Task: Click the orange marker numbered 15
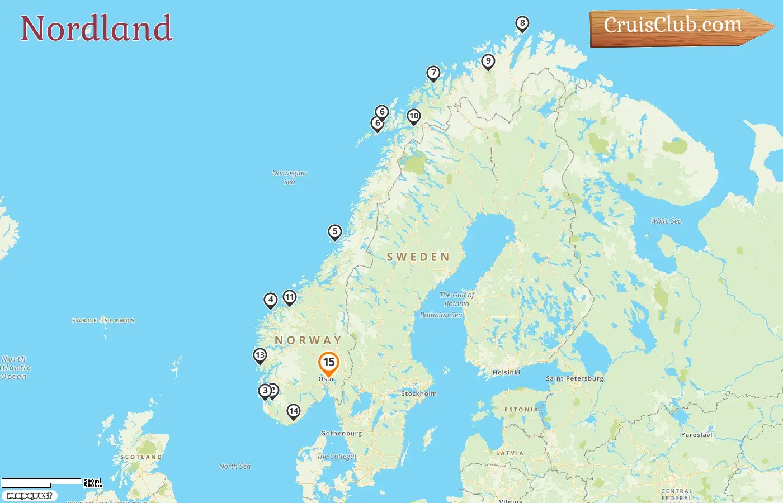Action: tap(329, 363)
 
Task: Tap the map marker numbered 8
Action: tap(522, 23)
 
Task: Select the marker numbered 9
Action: tap(488, 61)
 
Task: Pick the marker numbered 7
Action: tap(433, 73)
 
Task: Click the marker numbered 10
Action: tap(413, 116)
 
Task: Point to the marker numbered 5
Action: tap(334, 231)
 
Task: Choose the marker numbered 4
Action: tap(271, 300)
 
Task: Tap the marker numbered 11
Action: tap(289, 297)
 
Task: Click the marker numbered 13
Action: tap(260, 355)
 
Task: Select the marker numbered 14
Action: tap(294, 411)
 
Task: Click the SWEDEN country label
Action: tap(418, 257)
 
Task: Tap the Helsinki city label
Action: tap(506, 372)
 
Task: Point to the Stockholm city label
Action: tap(419, 393)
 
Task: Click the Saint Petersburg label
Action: tap(574, 378)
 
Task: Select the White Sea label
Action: tap(666, 221)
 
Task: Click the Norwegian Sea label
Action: tap(289, 177)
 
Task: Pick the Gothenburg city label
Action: tap(341, 433)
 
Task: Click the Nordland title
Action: tap(96, 29)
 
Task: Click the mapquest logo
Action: tap(30, 496)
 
